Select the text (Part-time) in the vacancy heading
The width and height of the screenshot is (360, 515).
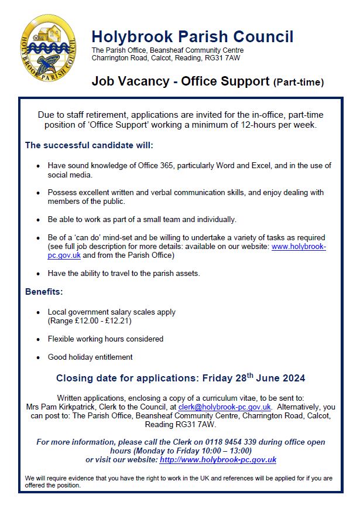tap(299, 83)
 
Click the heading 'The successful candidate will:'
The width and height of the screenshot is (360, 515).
tap(89, 145)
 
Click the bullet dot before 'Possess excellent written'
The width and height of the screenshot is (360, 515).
tap(39, 193)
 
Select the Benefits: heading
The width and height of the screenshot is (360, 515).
tap(44, 291)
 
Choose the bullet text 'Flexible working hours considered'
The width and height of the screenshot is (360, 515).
tap(105, 339)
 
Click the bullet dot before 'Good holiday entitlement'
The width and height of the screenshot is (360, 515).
tap(39, 357)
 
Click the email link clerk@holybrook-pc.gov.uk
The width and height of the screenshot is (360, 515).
tap(224, 407)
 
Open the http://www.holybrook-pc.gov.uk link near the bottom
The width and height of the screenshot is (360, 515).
tap(218, 460)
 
